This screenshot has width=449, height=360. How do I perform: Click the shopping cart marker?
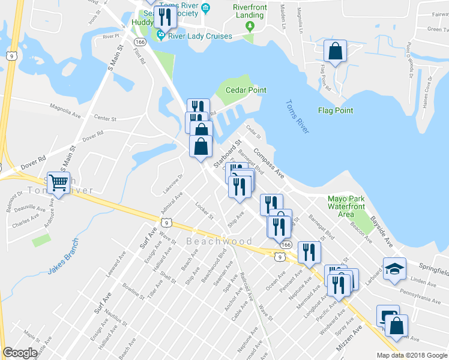click(59, 182)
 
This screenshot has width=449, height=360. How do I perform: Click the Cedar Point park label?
click(246, 90)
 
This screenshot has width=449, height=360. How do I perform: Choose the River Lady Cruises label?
click(200, 36)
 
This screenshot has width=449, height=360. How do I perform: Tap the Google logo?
click(20, 353)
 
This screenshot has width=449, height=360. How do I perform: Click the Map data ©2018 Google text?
click(412, 355)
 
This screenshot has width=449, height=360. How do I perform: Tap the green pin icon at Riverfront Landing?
click(250, 26)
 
